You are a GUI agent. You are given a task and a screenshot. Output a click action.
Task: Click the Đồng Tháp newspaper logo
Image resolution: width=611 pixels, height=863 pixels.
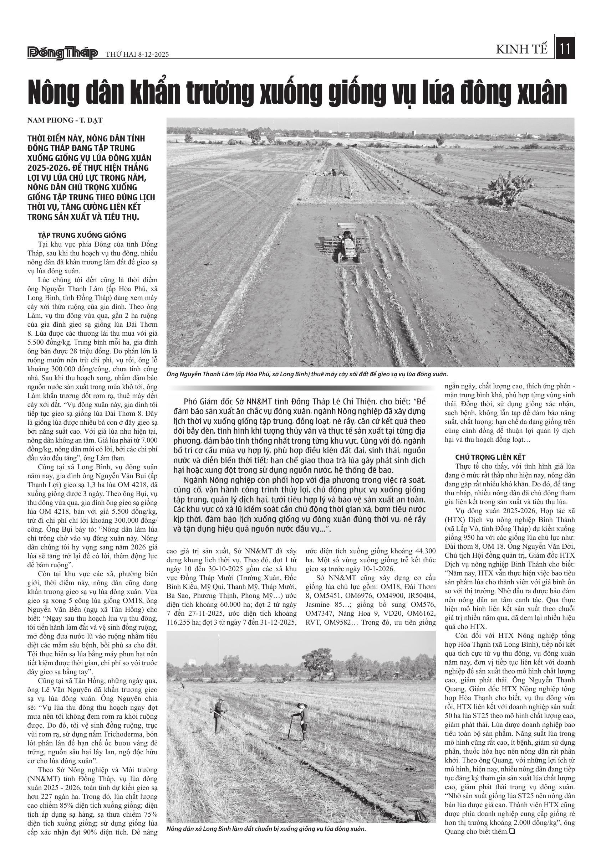coord(63,53)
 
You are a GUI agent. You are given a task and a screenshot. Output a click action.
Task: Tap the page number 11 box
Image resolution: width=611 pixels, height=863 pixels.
coord(565,50)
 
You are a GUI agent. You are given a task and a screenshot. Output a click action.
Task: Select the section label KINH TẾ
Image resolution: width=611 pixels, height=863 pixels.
coord(522,50)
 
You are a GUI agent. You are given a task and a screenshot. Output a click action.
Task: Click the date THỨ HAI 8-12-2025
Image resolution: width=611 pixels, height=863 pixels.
coord(137,54)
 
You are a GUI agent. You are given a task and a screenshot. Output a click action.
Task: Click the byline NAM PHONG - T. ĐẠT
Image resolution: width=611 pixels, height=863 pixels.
coord(65,120)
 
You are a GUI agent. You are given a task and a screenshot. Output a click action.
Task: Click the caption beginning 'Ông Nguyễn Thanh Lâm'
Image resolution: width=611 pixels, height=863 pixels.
coord(307,374)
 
